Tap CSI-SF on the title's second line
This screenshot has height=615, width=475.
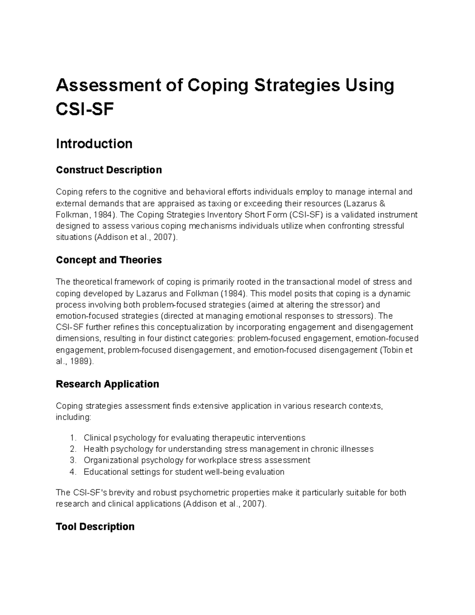click(x=85, y=110)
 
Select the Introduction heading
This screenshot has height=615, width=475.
click(x=94, y=143)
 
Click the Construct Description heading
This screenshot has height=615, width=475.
click(x=109, y=170)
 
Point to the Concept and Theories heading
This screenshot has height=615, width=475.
click(x=109, y=260)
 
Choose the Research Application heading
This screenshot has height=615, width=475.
click(x=108, y=384)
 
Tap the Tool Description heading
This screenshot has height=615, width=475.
click(x=95, y=527)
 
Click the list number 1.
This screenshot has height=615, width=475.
click(x=72, y=438)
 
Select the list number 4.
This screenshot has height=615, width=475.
click(x=72, y=472)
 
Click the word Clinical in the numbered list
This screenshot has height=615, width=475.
click(x=97, y=438)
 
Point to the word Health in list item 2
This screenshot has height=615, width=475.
click(x=95, y=449)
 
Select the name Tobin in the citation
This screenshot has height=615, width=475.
click(x=395, y=350)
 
